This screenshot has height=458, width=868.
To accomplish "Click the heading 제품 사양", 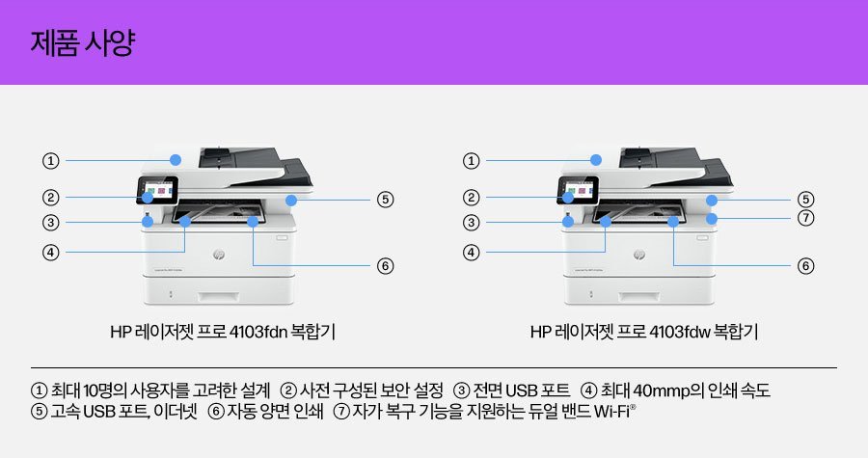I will tap(82, 44).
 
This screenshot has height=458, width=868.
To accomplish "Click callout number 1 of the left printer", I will tap(51, 160).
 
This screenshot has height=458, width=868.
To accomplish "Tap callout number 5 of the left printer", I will tap(385, 200).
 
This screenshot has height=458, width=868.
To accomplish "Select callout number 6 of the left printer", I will tap(385, 265).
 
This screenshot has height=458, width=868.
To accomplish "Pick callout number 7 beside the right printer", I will tap(805, 218).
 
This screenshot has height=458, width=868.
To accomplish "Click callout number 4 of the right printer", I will tap(472, 253).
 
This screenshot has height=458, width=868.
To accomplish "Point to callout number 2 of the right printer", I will tap(472, 198).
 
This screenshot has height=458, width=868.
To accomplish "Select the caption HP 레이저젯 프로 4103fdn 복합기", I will tap(223, 333).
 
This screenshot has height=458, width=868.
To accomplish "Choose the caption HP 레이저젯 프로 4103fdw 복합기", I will tap(643, 333).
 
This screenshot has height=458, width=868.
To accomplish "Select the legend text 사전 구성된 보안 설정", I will tap(371, 391).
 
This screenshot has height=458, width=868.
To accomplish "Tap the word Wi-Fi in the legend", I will tap(614, 413).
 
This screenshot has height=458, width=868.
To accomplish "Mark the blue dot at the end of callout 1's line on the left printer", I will tap(176, 160).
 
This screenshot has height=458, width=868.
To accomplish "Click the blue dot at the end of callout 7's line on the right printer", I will tap(711, 219).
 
